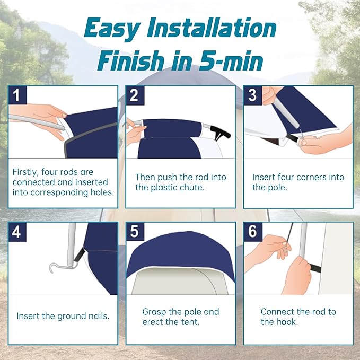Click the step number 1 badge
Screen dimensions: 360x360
[17, 95]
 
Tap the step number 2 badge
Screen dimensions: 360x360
[135, 95]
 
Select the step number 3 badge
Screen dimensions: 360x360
[253, 95]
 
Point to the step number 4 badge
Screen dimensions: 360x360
[17, 232]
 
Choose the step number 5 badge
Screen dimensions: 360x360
[135, 232]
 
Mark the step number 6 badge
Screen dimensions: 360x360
[253, 232]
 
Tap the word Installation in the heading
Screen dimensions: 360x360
[212, 28]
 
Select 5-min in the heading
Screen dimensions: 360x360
[231, 60]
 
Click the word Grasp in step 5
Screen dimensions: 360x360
[154, 312]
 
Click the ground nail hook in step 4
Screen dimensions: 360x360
[61, 267]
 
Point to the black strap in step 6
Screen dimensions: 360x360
[315, 268]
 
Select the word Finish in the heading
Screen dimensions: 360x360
[131, 60]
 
